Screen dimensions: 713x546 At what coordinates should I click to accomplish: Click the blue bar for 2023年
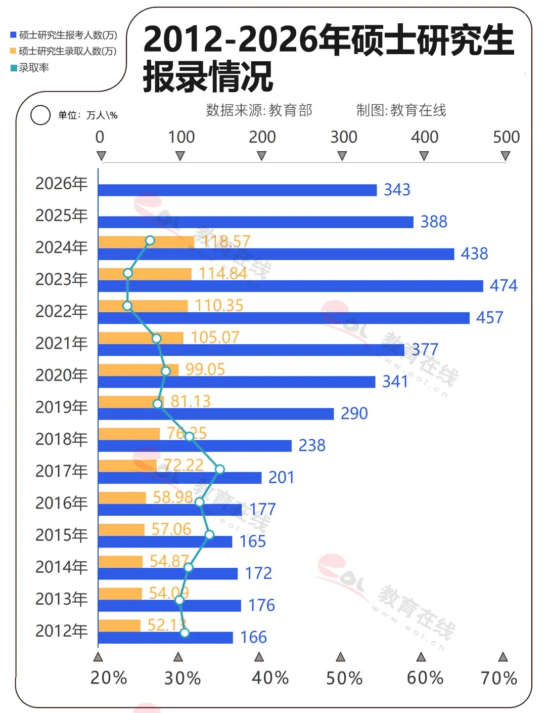click(291, 286)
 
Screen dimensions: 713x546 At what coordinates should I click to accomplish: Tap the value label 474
click(504, 286)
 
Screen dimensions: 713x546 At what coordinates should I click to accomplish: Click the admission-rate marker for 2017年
click(219, 470)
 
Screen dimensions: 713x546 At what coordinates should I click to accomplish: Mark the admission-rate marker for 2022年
click(127, 306)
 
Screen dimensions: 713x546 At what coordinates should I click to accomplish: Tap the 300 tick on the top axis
click(344, 137)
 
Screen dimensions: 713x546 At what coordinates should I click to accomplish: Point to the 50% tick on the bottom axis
click(344, 678)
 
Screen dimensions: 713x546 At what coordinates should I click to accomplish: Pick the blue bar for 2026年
click(238, 190)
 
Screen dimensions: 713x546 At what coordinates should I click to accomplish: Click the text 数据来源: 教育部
click(259, 110)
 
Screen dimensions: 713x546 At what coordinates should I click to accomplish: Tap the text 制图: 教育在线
click(401, 110)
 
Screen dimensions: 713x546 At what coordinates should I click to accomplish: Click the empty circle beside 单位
click(40, 115)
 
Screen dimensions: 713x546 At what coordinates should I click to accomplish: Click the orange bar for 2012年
click(119, 625)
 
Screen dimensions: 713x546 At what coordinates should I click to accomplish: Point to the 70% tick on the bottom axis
click(499, 678)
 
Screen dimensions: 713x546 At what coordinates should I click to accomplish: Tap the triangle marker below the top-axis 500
click(505, 156)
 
